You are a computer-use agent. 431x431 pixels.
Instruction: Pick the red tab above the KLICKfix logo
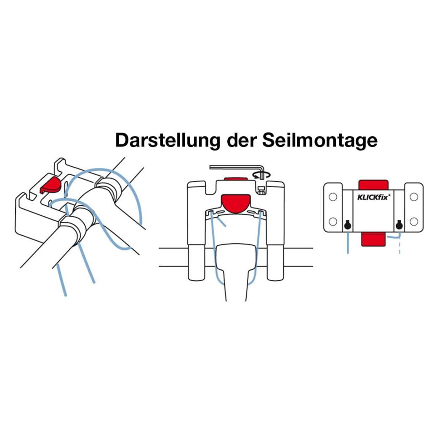coord(373,184)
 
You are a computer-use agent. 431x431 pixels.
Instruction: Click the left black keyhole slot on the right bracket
coord(347,226)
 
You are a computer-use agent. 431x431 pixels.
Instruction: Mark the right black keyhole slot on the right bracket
coord(399,226)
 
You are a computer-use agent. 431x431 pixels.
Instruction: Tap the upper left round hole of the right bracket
coord(333,197)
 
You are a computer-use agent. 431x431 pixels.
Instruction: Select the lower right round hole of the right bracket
coord(414,221)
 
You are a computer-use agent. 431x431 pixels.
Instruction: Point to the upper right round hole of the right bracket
coord(414,197)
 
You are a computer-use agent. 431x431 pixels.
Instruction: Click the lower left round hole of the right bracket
coord(333,221)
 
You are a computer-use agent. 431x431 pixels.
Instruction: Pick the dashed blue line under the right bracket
coord(399,246)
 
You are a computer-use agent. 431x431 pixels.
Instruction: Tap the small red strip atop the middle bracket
coord(235,179)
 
